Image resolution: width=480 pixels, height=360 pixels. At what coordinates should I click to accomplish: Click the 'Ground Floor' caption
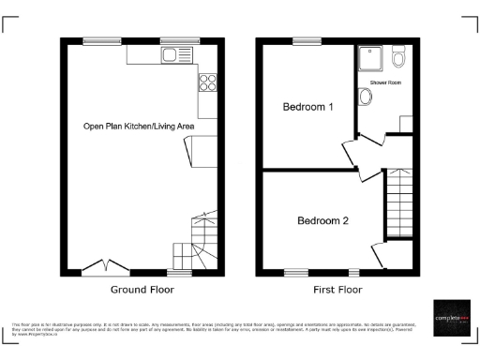point(143,290)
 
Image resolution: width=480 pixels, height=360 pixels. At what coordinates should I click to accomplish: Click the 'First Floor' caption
point(337,290)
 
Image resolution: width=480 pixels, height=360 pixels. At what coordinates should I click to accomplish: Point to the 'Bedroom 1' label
point(308,107)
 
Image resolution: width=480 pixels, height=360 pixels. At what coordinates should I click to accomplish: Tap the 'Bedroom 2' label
point(322,221)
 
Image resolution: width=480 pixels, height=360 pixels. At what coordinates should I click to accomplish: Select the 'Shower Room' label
point(384,83)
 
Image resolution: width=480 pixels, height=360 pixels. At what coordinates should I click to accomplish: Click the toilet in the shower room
point(399,58)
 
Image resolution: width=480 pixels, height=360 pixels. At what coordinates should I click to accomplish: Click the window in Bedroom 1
point(304,40)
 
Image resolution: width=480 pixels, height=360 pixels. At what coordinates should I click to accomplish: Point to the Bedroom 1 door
point(348,152)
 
